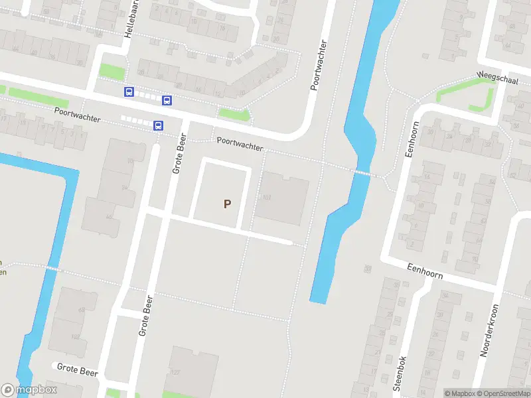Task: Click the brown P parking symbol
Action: point(227,204)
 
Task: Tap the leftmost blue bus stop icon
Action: point(128,92)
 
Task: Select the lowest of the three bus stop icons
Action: point(158,125)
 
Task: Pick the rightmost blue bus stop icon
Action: point(167,101)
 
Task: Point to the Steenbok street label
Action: point(400,373)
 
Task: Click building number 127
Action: point(177,372)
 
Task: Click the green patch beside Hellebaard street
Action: point(112,71)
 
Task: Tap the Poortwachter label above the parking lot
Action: point(240,144)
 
